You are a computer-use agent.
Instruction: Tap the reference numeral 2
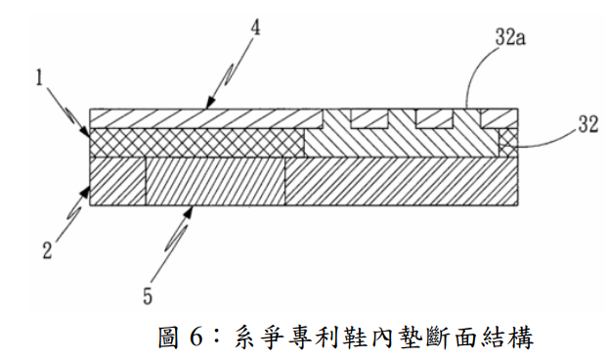[x=47, y=250]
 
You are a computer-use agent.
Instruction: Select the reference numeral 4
[x=255, y=27]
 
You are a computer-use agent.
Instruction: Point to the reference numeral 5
[x=148, y=296]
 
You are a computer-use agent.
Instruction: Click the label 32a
[x=510, y=38]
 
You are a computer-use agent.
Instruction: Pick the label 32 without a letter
[x=588, y=125]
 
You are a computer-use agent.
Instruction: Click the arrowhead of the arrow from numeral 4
[x=209, y=103]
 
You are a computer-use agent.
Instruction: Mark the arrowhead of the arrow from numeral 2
[x=85, y=191]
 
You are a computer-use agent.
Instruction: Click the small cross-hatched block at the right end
[x=508, y=143]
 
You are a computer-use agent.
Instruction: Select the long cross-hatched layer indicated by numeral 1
[x=196, y=143]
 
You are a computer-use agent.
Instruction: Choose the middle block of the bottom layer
[x=215, y=181]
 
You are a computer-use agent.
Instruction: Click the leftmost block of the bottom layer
[x=118, y=181]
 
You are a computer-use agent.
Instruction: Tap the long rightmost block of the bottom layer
[x=402, y=181]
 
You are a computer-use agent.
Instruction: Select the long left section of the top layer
[x=206, y=118]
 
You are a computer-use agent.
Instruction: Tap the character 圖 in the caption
[x=169, y=337]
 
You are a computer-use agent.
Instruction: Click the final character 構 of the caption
[x=522, y=337]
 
